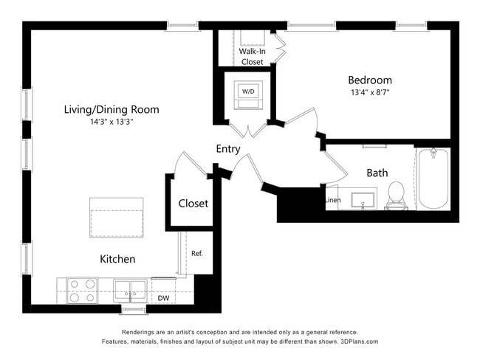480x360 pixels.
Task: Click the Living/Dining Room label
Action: click(x=112, y=109)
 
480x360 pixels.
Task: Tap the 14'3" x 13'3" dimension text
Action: click(x=112, y=122)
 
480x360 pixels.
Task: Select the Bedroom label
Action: click(x=370, y=80)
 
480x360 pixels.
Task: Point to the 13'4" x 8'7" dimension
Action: click(x=370, y=92)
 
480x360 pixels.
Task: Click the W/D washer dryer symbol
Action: click(x=247, y=91)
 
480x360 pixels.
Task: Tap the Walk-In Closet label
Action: click(x=252, y=57)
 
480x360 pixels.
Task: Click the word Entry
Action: click(x=228, y=149)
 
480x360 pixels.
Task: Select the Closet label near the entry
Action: click(x=193, y=203)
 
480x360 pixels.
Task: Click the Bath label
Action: click(x=377, y=173)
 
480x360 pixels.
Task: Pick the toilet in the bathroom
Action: click(x=397, y=195)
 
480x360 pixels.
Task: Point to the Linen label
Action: click(x=332, y=200)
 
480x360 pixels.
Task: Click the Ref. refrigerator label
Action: click(x=197, y=253)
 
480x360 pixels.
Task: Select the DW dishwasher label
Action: click(x=163, y=298)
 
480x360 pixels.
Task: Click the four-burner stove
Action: click(x=82, y=290)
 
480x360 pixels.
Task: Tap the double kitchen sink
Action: click(x=131, y=290)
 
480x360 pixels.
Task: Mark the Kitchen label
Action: click(x=117, y=259)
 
